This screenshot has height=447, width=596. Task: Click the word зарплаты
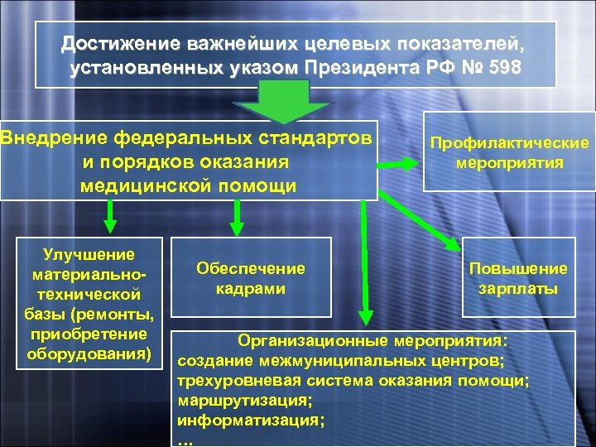click(x=518, y=289)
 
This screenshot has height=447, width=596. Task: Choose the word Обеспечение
click(x=250, y=268)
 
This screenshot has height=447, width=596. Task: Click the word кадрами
click(x=250, y=288)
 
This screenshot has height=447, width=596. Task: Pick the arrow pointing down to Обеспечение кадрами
click(x=236, y=218)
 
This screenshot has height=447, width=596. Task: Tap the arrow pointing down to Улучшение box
click(x=108, y=218)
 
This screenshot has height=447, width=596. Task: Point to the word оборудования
click(x=82, y=354)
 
